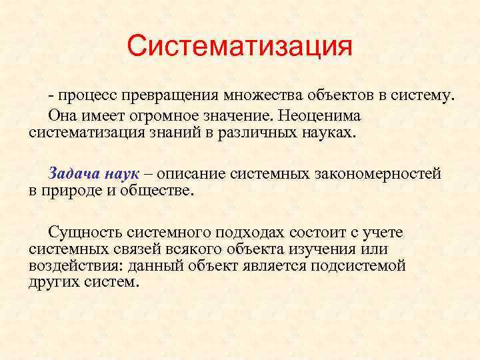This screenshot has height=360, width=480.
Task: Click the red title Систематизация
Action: pos(239,47)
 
